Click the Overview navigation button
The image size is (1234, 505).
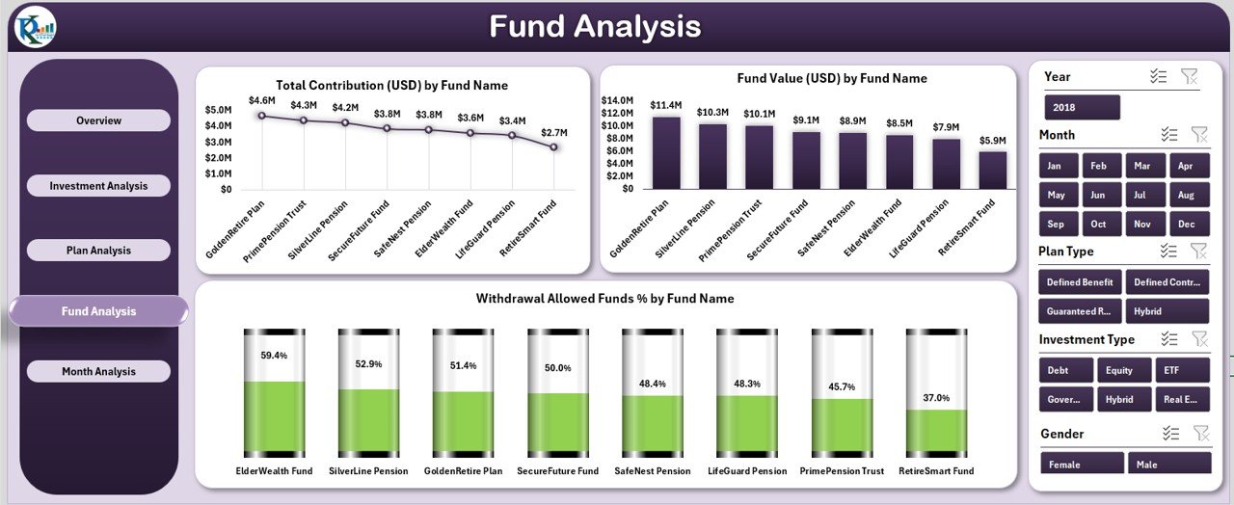pyautogui.click(x=98, y=120)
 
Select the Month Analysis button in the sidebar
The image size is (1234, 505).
pyautogui.click(x=98, y=371)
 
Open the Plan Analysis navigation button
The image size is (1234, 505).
pyautogui.click(x=98, y=251)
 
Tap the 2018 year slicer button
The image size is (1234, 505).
pyautogui.click(x=1082, y=107)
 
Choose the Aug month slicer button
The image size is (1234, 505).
pyautogui.click(x=1186, y=195)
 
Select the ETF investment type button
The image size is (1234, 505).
pyautogui.click(x=1171, y=370)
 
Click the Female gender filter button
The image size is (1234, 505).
pyautogui.click(x=1081, y=465)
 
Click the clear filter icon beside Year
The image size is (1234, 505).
pyautogui.click(x=1189, y=76)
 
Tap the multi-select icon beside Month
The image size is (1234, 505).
pyautogui.click(x=1168, y=135)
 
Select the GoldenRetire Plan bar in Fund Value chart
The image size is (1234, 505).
pyautogui.click(x=665, y=152)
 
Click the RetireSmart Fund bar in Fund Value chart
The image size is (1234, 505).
pyautogui.click(x=992, y=170)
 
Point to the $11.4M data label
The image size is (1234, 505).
pyautogui.click(x=665, y=104)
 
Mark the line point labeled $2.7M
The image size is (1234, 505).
pyautogui.click(x=553, y=147)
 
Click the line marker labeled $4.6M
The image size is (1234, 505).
pyautogui.click(x=261, y=116)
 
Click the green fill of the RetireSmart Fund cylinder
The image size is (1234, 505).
pyautogui.click(x=936, y=430)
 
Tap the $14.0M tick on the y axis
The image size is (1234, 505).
pyautogui.click(x=617, y=100)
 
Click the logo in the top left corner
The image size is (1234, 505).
pyautogui.click(x=36, y=26)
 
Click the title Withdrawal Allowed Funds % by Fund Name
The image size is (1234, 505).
pyautogui.click(x=604, y=299)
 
